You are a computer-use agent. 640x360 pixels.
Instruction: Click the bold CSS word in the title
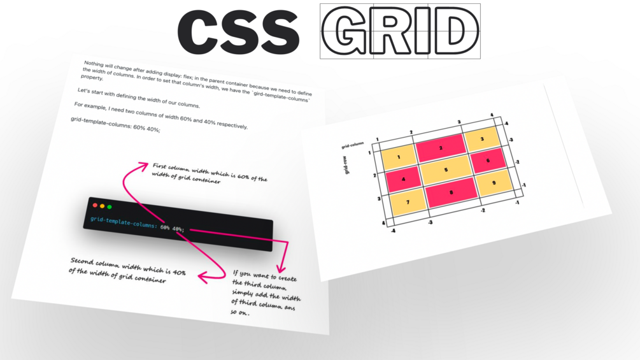tap(238, 32)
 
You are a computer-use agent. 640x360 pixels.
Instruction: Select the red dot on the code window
tap(95, 205)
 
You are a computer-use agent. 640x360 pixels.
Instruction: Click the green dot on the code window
tap(110, 207)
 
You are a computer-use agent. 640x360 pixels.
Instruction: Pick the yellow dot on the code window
tap(102, 206)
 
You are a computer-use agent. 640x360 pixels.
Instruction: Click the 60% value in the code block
tap(165, 227)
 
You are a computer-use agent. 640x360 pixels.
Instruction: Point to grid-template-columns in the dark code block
tap(124, 222)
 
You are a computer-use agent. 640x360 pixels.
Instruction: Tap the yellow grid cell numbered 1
tap(399, 157)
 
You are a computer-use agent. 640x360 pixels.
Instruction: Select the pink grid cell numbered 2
tap(441, 148)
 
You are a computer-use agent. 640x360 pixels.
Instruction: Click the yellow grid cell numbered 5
tap(446, 169)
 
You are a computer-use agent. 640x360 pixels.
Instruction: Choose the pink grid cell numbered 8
tap(451, 192)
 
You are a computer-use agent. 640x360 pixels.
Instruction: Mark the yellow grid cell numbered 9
tap(494, 182)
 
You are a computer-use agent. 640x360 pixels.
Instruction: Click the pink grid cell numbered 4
tap(403, 179)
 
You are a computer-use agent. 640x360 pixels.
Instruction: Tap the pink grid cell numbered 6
tap(488, 161)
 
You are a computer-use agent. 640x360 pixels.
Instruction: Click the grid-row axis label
tap(347, 165)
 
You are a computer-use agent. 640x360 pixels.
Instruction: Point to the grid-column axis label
tap(352, 145)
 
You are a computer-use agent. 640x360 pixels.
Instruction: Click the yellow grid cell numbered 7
tap(408, 202)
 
